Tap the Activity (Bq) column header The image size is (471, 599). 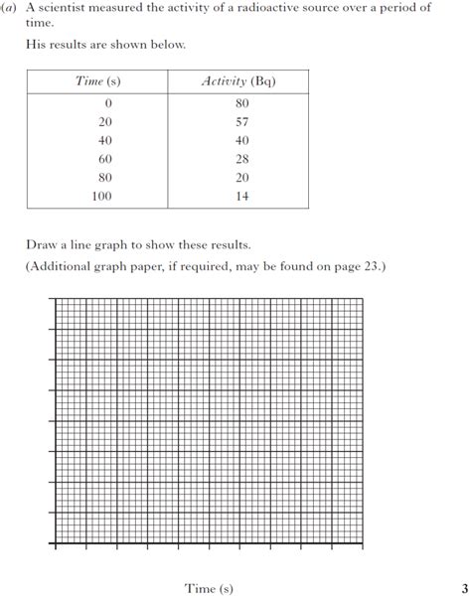[x=238, y=80]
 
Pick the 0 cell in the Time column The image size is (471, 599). [x=107, y=103]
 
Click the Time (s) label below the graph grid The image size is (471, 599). [x=209, y=587]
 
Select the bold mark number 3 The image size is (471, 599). [x=463, y=587]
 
